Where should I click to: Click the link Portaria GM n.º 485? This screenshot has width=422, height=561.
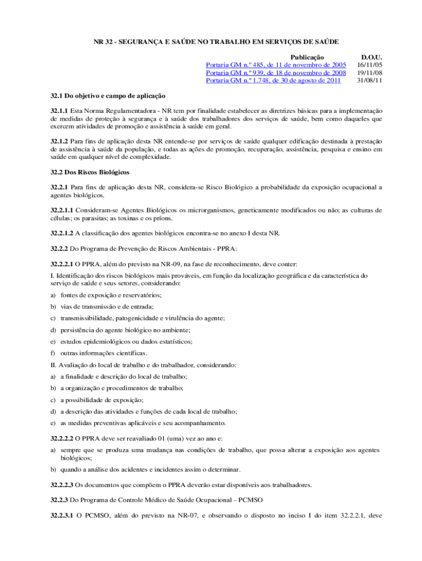[x=276, y=65]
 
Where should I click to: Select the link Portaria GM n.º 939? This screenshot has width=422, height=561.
[x=276, y=73]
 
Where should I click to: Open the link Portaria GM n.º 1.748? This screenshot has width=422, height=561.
[x=273, y=81]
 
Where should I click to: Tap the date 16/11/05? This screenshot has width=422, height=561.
[x=369, y=65]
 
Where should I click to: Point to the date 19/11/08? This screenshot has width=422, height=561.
[x=369, y=73]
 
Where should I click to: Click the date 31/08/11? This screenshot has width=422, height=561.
[x=369, y=81]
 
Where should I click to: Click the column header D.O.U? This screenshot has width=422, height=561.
[x=371, y=58]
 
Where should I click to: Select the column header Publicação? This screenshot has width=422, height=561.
[x=307, y=58]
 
